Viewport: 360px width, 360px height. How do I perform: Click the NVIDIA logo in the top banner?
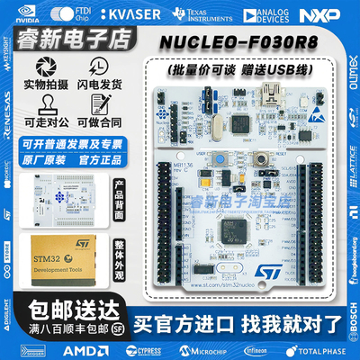pos(26,14)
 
